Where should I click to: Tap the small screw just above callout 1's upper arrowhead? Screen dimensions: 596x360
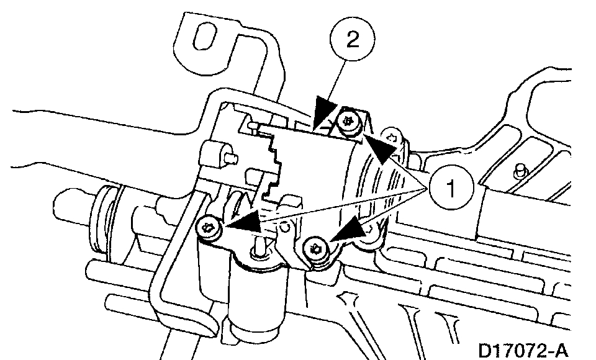click(392, 133)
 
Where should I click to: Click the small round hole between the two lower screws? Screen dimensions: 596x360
click(286, 225)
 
